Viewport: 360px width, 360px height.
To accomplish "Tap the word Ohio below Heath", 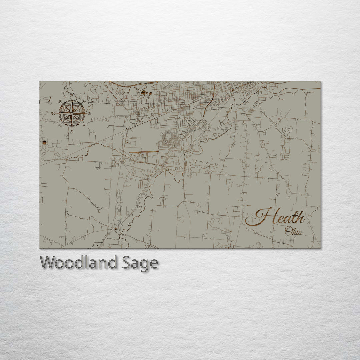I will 293,232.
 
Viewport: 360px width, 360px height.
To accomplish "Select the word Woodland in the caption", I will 78,263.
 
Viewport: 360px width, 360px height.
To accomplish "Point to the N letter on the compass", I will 72,95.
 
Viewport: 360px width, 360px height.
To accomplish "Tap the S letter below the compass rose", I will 71,132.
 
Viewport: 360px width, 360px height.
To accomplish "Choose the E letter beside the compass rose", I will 90,113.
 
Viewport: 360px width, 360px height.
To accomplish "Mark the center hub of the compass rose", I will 71,113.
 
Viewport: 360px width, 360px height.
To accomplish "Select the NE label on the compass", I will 84,101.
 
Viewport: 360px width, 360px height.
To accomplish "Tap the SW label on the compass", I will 59,125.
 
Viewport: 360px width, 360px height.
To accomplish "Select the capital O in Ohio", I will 288,231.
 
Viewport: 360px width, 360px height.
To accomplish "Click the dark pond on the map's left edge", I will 44,142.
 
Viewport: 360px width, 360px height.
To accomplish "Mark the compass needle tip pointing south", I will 71,127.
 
